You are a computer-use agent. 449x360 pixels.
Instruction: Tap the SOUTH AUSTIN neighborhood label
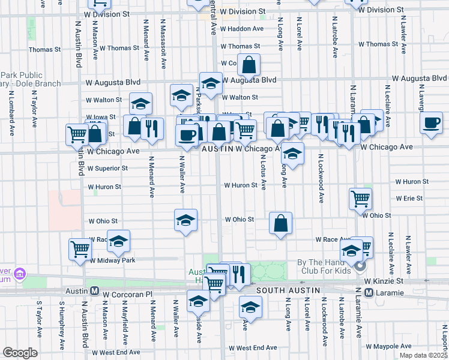pos(285,290)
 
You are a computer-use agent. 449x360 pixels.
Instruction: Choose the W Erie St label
pos(409,198)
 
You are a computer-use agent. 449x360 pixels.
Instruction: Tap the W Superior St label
pos(107,169)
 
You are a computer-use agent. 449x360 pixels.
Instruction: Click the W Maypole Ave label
pos(394,346)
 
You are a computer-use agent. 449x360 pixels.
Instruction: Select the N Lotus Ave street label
pos(263,172)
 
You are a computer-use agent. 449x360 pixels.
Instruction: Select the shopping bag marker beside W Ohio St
pos(280,223)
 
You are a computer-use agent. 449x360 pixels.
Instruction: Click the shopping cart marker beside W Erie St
pos(360,197)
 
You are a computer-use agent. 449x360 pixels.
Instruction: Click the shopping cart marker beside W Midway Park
pos(80,248)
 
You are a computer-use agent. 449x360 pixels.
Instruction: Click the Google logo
pos(20,352)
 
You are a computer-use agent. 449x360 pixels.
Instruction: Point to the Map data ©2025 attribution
pos(423,355)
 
